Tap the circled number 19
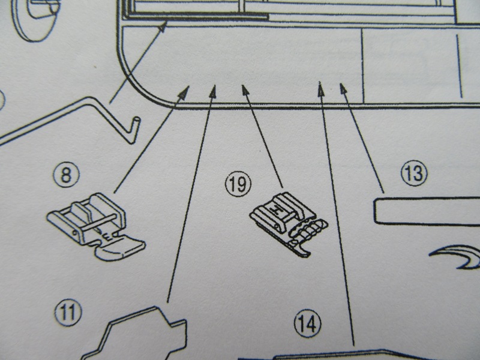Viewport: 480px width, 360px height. click(238, 184)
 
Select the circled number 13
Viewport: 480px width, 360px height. click(413, 175)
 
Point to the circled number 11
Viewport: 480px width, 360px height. click(70, 311)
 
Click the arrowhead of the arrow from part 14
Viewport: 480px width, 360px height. click(320, 86)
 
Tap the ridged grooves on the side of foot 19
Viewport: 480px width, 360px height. click(310, 229)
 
